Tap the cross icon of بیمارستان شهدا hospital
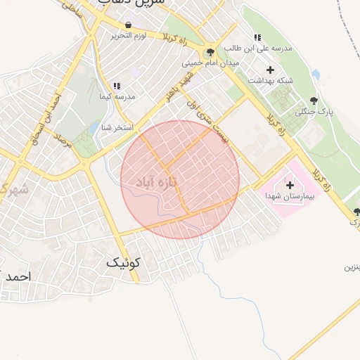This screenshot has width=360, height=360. pyautogui.click(x=290, y=184)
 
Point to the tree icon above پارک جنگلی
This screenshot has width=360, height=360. pyautogui.click(x=314, y=101)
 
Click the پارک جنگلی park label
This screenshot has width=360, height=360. pyautogui.click(x=314, y=111)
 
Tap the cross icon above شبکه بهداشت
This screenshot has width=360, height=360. pyautogui.click(x=270, y=70)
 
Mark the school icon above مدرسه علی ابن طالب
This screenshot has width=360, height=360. pyautogui.click(x=257, y=37)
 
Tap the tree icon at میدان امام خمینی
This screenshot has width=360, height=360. pyautogui.click(x=210, y=53)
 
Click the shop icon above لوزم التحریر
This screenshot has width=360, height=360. pyautogui.click(x=127, y=25)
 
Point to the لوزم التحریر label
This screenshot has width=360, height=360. pyautogui.click(x=128, y=35)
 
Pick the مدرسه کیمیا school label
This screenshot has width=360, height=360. pyautogui.click(x=117, y=96)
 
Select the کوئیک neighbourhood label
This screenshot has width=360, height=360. pyautogui.click(x=123, y=263)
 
